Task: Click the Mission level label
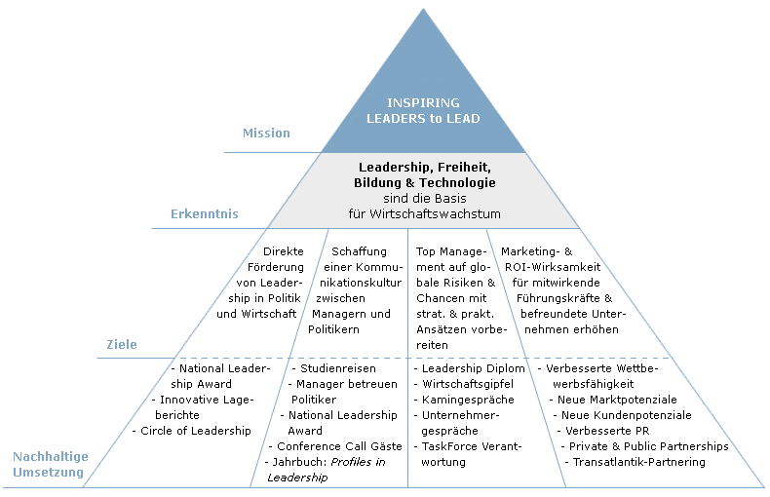pyautogui.click(x=266, y=134)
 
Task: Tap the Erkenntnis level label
pyautogui.click(x=205, y=214)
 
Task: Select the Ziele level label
pyautogui.click(x=122, y=344)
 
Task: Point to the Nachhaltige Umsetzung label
pyautogui.click(x=51, y=464)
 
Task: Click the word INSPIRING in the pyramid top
pyautogui.click(x=423, y=102)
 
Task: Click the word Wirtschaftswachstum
pyautogui.click(x=435, y=214)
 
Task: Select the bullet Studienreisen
pyautogui.click(x=334, y=368)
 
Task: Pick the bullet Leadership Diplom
pyautogui.click(x=470, y=368)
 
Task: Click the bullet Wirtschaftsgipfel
pyautogui.click(x=464, y=384)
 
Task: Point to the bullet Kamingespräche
pyautogui.click(x=464, y=400)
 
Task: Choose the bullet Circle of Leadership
pyautogui.click(x=191, y=431)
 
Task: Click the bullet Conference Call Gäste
pyautogui.click(x=335, y=446)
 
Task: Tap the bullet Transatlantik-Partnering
pyautogui.click(x=635, y=462)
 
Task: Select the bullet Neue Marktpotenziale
pyautogui.click(x=613, y=400)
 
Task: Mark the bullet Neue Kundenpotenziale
pyautogui.click(x=622, y=415)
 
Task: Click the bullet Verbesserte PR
pyautogui.click(x=603, y=431)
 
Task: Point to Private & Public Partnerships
pyautogui.click(x=645, y=446)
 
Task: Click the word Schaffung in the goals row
pyautogui.click(x=359, y=252)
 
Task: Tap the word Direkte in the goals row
pyautogui.click(x=284, y=251)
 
